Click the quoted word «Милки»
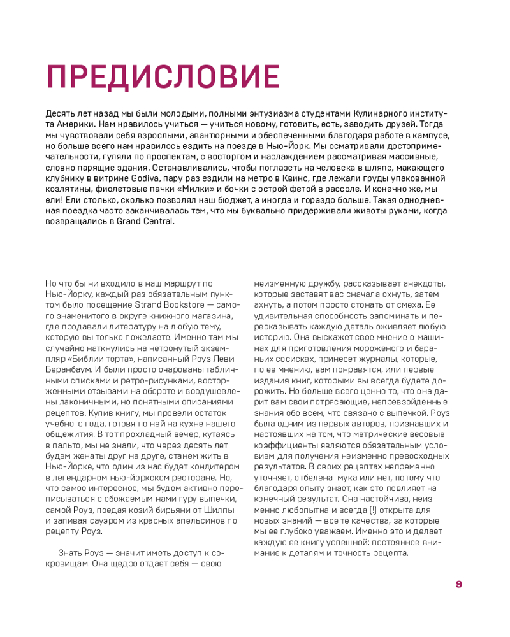pos(194,189)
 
